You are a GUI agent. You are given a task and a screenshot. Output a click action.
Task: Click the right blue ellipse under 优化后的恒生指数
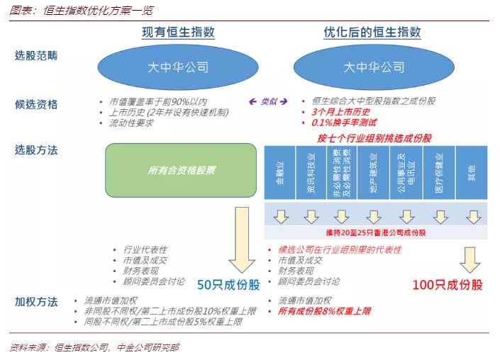(x=373, y=68)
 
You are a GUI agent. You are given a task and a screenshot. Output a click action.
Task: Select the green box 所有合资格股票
(x=180, y=170)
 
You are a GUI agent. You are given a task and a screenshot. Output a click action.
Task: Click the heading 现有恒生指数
(x=178, y=33)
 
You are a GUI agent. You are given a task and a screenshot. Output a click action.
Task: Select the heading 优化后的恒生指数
(x=372, y=33)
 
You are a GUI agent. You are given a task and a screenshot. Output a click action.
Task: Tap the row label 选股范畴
(x=36, y=55)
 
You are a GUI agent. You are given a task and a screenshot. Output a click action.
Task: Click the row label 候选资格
(x=36, y=105)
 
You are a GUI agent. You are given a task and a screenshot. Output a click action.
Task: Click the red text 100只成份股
(x=448, y=285)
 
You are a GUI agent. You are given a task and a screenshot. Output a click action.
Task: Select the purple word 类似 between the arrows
(x=268, y=101)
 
